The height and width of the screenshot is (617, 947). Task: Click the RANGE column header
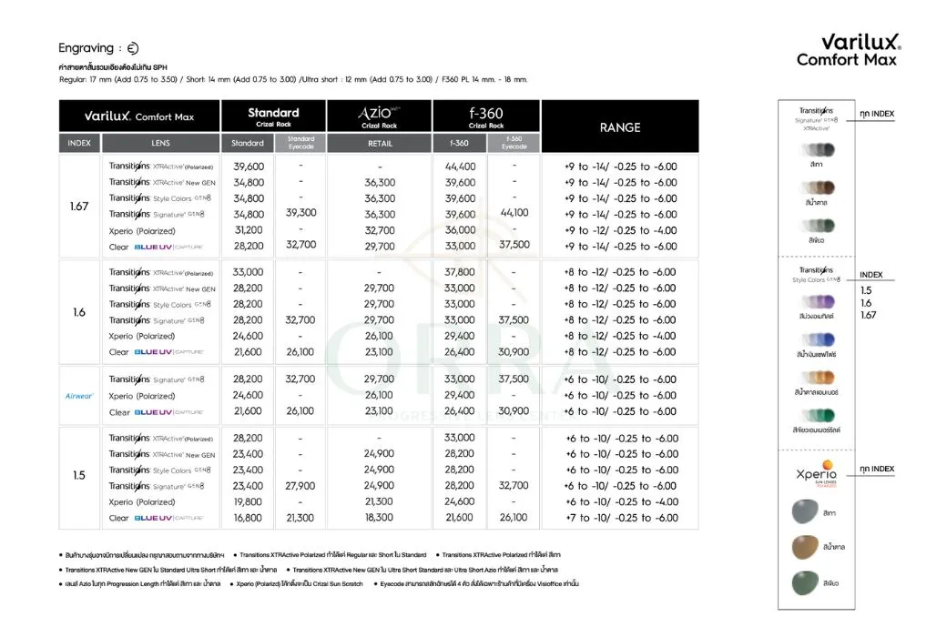619,127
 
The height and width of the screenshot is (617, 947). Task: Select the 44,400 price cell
460,167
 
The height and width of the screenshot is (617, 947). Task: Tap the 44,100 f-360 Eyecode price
514,213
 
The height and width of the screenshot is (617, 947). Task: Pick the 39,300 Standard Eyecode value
300,213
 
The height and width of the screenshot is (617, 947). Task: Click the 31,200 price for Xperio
249,230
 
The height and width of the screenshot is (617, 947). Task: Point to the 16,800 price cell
249,518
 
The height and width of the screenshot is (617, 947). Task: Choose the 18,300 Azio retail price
379,518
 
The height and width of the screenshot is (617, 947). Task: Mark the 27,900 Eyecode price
300,486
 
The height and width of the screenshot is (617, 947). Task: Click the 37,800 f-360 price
460,272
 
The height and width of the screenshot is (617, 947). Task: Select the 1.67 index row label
79,207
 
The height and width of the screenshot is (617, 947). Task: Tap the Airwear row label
79,396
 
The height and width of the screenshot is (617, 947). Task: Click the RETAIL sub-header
379,143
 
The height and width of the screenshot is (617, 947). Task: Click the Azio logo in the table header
377,113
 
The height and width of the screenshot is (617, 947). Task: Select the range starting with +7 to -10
621,518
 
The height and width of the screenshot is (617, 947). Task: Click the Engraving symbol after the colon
132,48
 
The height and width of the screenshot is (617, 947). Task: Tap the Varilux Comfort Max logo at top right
848,50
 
